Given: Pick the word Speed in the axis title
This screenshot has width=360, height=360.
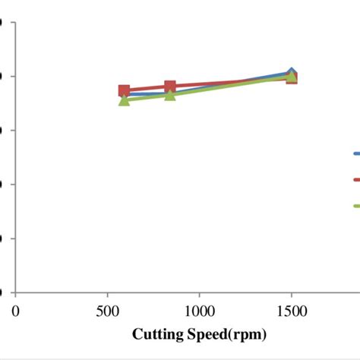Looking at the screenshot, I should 206,334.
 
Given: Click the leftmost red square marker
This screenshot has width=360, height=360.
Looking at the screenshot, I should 125,90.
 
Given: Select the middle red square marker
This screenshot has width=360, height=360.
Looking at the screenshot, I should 170,87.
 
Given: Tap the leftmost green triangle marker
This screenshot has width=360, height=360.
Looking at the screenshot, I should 125,99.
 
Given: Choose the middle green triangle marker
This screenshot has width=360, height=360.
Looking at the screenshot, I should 170,94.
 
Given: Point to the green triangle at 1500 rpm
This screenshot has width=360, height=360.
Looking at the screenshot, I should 291,76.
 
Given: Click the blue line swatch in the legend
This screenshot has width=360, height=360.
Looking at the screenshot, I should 355,153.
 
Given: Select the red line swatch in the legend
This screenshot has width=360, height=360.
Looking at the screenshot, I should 355,179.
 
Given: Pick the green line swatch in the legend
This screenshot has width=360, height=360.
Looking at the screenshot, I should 355,205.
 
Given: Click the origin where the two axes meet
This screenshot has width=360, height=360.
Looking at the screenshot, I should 16,292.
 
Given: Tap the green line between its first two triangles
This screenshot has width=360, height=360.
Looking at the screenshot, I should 147,97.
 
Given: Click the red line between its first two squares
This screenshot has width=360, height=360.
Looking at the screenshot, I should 147,88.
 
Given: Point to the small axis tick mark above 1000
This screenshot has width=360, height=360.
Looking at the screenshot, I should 199,295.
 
